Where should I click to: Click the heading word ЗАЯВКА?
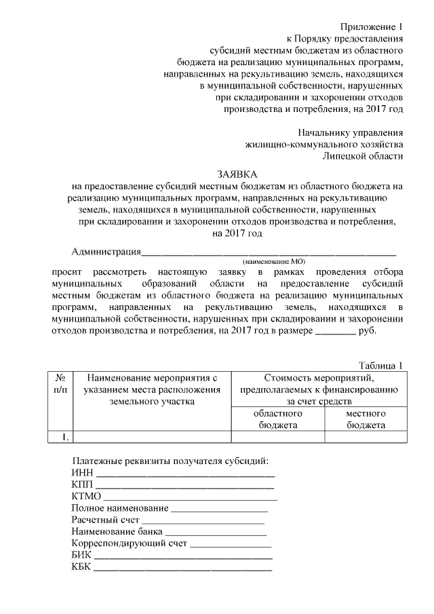click(237, 173)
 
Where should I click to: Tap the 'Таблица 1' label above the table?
click(380, 364)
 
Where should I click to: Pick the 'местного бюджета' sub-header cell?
click(366, 419)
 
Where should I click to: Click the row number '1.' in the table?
click(60, 437)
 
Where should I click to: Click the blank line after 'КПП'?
click(184, 486)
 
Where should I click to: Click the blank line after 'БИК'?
click(183, 556)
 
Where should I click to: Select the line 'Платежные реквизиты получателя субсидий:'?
click(170, 461)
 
